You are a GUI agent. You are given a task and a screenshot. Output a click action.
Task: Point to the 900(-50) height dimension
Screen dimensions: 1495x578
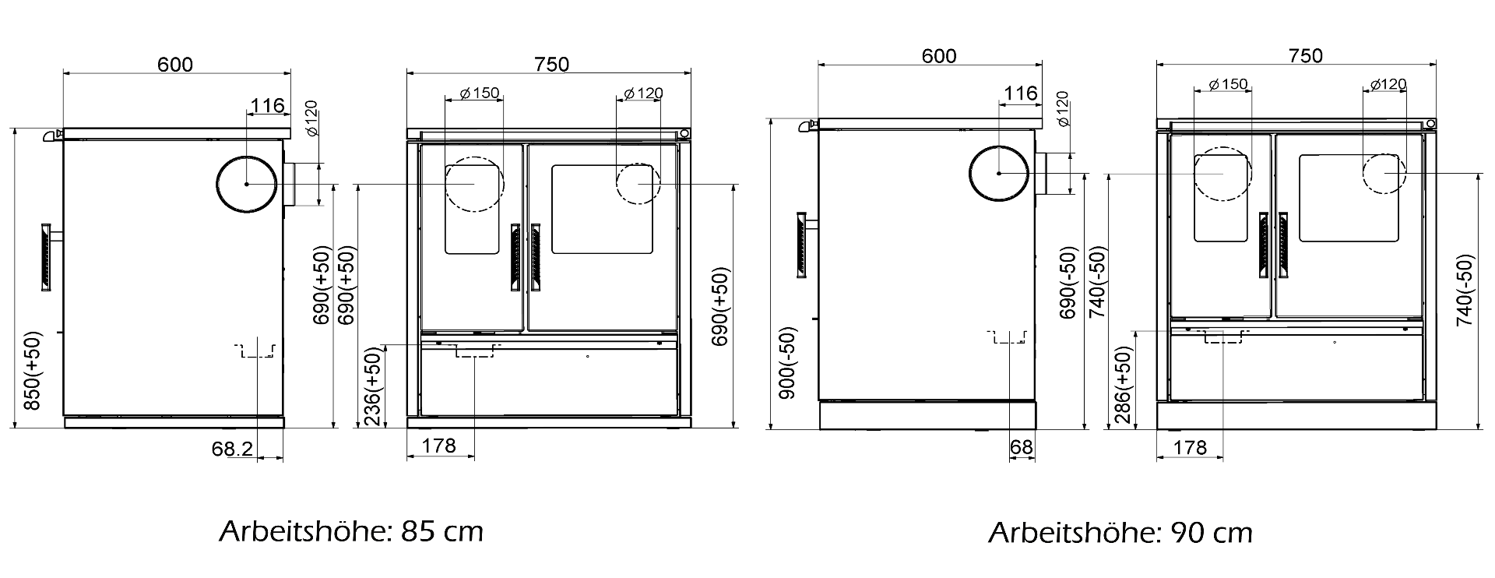click(x=789, y=363)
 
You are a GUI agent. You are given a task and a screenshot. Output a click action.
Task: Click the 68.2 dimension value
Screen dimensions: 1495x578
click(x=231, y=448)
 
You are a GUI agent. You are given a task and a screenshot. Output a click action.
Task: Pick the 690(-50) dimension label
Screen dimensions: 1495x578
click(x=1068, y=283)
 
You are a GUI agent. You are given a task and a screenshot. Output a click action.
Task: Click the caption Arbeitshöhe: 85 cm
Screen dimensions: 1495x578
click(x=351, y=531)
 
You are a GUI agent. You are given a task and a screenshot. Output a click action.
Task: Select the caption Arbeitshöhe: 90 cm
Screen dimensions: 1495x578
click(x=1120, y=533)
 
